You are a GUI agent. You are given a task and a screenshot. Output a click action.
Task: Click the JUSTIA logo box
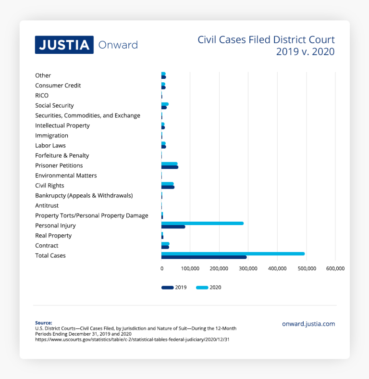(x=64, y=45)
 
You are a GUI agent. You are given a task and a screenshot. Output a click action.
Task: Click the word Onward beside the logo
(x=118, y=45)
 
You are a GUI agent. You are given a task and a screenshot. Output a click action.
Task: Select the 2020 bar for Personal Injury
(x=202, y=223)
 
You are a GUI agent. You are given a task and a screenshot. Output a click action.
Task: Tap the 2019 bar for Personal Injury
(x=173, y=227)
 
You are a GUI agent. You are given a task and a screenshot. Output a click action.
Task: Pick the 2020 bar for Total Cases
(x=233, y=253)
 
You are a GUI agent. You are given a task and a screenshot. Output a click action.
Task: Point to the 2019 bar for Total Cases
(x=204, y=257)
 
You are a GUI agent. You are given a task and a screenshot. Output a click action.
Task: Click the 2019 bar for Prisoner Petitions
(x=170, y=167)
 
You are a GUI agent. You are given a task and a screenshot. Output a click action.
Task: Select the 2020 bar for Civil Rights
(x=168, y=184)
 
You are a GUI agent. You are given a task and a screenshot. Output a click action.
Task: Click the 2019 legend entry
(x=174, y=287)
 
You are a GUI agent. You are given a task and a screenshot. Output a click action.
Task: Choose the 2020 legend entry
(x=209, y=287)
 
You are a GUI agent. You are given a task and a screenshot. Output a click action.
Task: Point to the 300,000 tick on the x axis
(x=248, y=268)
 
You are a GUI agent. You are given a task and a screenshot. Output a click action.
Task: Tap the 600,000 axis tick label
(x=335, y=268)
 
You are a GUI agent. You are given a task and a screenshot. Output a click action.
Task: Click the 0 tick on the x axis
(x=162, y=268)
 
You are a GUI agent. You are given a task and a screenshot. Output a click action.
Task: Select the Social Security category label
(x=54, y=105)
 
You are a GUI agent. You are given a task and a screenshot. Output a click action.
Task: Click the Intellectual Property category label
(x=62, y=126)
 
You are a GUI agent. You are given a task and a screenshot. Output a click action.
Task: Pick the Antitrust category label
(x=47, y=205)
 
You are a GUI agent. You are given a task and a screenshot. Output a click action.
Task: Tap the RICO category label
(x=42, y=95)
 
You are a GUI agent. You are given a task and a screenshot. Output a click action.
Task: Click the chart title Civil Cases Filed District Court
(x=266, y=39)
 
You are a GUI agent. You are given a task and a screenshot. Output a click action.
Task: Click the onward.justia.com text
(x=308, y=324)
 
